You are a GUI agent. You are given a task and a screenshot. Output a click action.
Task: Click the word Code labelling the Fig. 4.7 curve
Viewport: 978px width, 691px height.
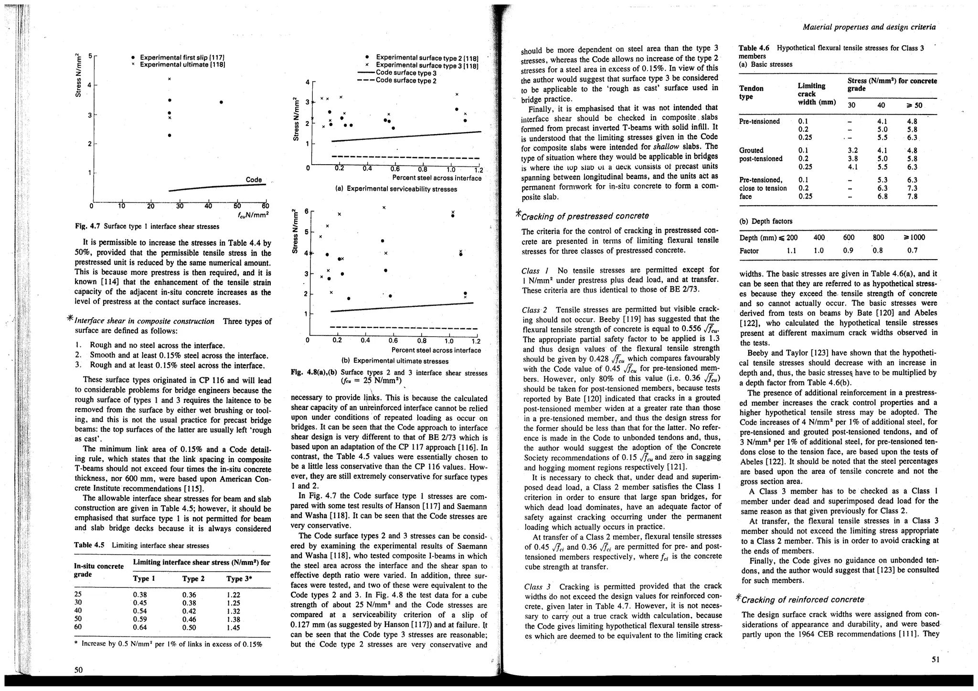point(254,180)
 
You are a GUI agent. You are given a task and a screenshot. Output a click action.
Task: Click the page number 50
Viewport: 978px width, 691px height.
point(79,670)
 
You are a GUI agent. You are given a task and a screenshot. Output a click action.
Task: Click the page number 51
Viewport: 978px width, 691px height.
point(935,660)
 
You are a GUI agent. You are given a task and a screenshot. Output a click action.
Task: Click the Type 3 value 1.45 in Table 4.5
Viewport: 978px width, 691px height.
point(234,628)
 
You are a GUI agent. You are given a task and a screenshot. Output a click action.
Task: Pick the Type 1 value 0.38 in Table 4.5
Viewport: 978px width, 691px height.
point(140,595)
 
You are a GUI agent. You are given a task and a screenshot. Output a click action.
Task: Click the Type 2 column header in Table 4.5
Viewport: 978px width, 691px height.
point(193,579)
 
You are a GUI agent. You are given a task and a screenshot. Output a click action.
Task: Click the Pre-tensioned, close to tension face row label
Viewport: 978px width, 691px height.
point(763,188)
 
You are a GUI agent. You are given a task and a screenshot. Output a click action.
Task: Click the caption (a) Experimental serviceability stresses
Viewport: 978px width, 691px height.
point(396,189)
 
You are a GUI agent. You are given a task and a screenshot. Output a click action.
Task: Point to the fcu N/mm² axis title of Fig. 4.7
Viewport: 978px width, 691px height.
point(254,214)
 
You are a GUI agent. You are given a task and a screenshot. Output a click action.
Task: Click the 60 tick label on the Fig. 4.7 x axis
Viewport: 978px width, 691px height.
point(265,206)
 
